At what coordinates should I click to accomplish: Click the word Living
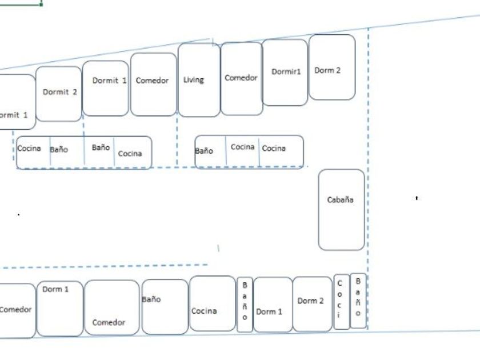click(x=193, y=79)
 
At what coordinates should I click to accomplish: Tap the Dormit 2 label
click(x=59, y=93)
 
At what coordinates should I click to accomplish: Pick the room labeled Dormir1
click(x=285, y=72)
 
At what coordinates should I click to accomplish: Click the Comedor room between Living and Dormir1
click(x=241, y=78)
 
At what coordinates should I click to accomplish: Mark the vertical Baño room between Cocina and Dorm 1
click(x=245, y=303)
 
